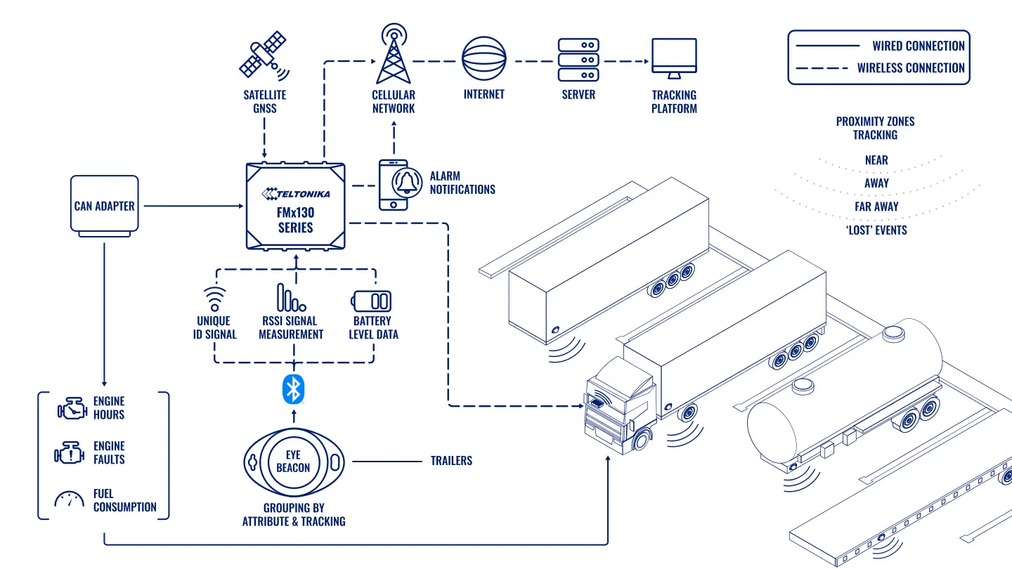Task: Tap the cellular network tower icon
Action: pos(394,53)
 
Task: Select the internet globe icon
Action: pos(484,59)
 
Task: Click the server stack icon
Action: pos(578,60)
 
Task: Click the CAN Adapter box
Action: pos(104,206)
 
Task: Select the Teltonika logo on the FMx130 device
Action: pos(296,194)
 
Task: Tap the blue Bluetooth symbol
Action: pos(293,389)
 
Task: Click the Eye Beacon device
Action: pos(294,462)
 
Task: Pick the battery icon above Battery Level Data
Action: pos(371,301)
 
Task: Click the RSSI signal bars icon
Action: pos(291,298)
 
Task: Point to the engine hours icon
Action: pos(72,409)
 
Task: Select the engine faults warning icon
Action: pos(70,452)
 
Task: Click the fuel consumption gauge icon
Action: pos(69,499)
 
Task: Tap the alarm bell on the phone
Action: pos(407,183)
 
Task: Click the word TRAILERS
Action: pos(451,461)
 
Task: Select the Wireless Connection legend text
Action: pos(911,68)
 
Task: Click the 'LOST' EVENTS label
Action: pos(876,230)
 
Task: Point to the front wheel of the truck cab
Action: pos(642,440)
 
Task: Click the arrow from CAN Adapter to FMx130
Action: pos(194,206)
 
